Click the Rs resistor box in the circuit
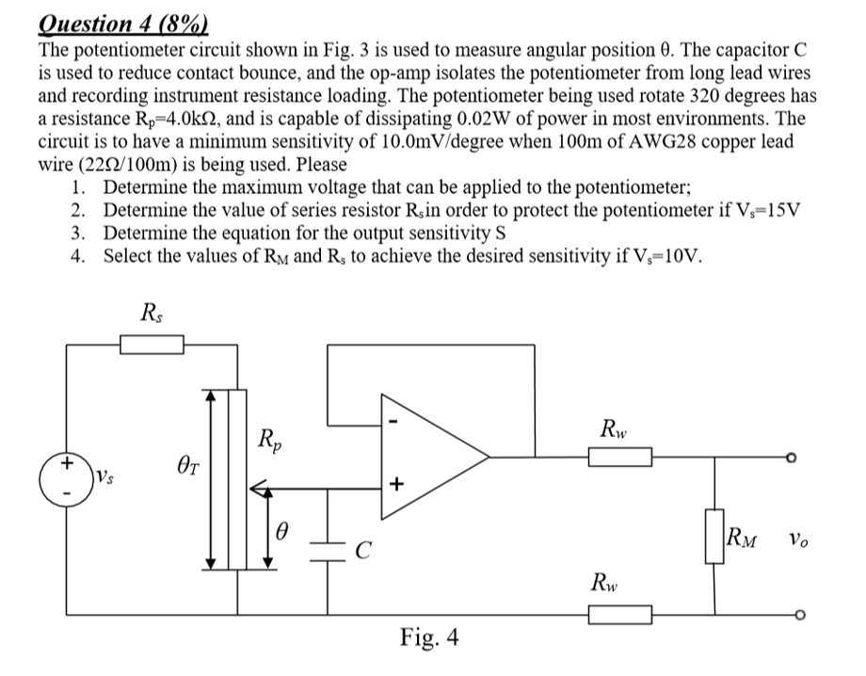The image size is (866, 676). coord(151,346)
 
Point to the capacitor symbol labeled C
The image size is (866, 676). coord(329,552)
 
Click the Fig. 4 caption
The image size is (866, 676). coord(429,638)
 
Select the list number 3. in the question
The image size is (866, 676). coord(78,233)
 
